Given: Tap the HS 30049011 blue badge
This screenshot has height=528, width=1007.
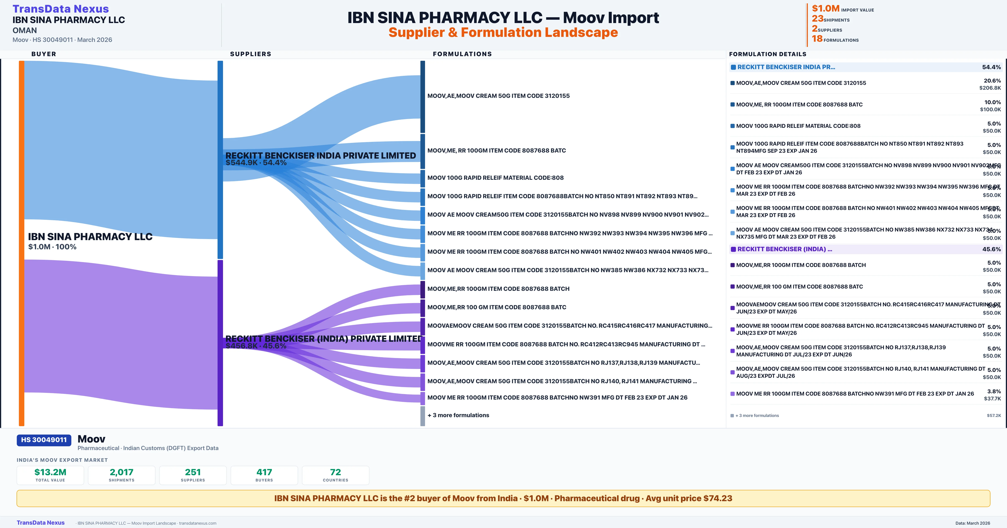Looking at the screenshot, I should click(x=44, y=440).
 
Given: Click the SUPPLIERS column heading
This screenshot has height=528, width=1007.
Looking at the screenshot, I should click(x=250, y=54).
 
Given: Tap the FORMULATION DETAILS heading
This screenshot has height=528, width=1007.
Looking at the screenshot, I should click(x=767, y=54).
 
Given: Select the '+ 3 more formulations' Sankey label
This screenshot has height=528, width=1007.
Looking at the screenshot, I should click(x=458, y=415).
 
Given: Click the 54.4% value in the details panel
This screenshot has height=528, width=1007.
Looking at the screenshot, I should click(x=991, y=67).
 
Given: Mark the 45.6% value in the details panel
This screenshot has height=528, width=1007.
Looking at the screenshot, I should click(x=991, y=249).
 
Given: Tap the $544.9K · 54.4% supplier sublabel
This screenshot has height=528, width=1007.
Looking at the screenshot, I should click(x=256, y=163).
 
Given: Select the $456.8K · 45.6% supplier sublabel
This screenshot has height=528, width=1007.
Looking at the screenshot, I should click(x=256, y=346).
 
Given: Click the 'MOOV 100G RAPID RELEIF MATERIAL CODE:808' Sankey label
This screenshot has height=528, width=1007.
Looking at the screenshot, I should click(x=495, y=178).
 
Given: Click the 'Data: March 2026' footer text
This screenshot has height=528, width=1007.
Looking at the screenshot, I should click(x=973, y=523).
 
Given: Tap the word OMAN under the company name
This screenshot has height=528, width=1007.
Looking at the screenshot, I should click(x=25, y=30).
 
